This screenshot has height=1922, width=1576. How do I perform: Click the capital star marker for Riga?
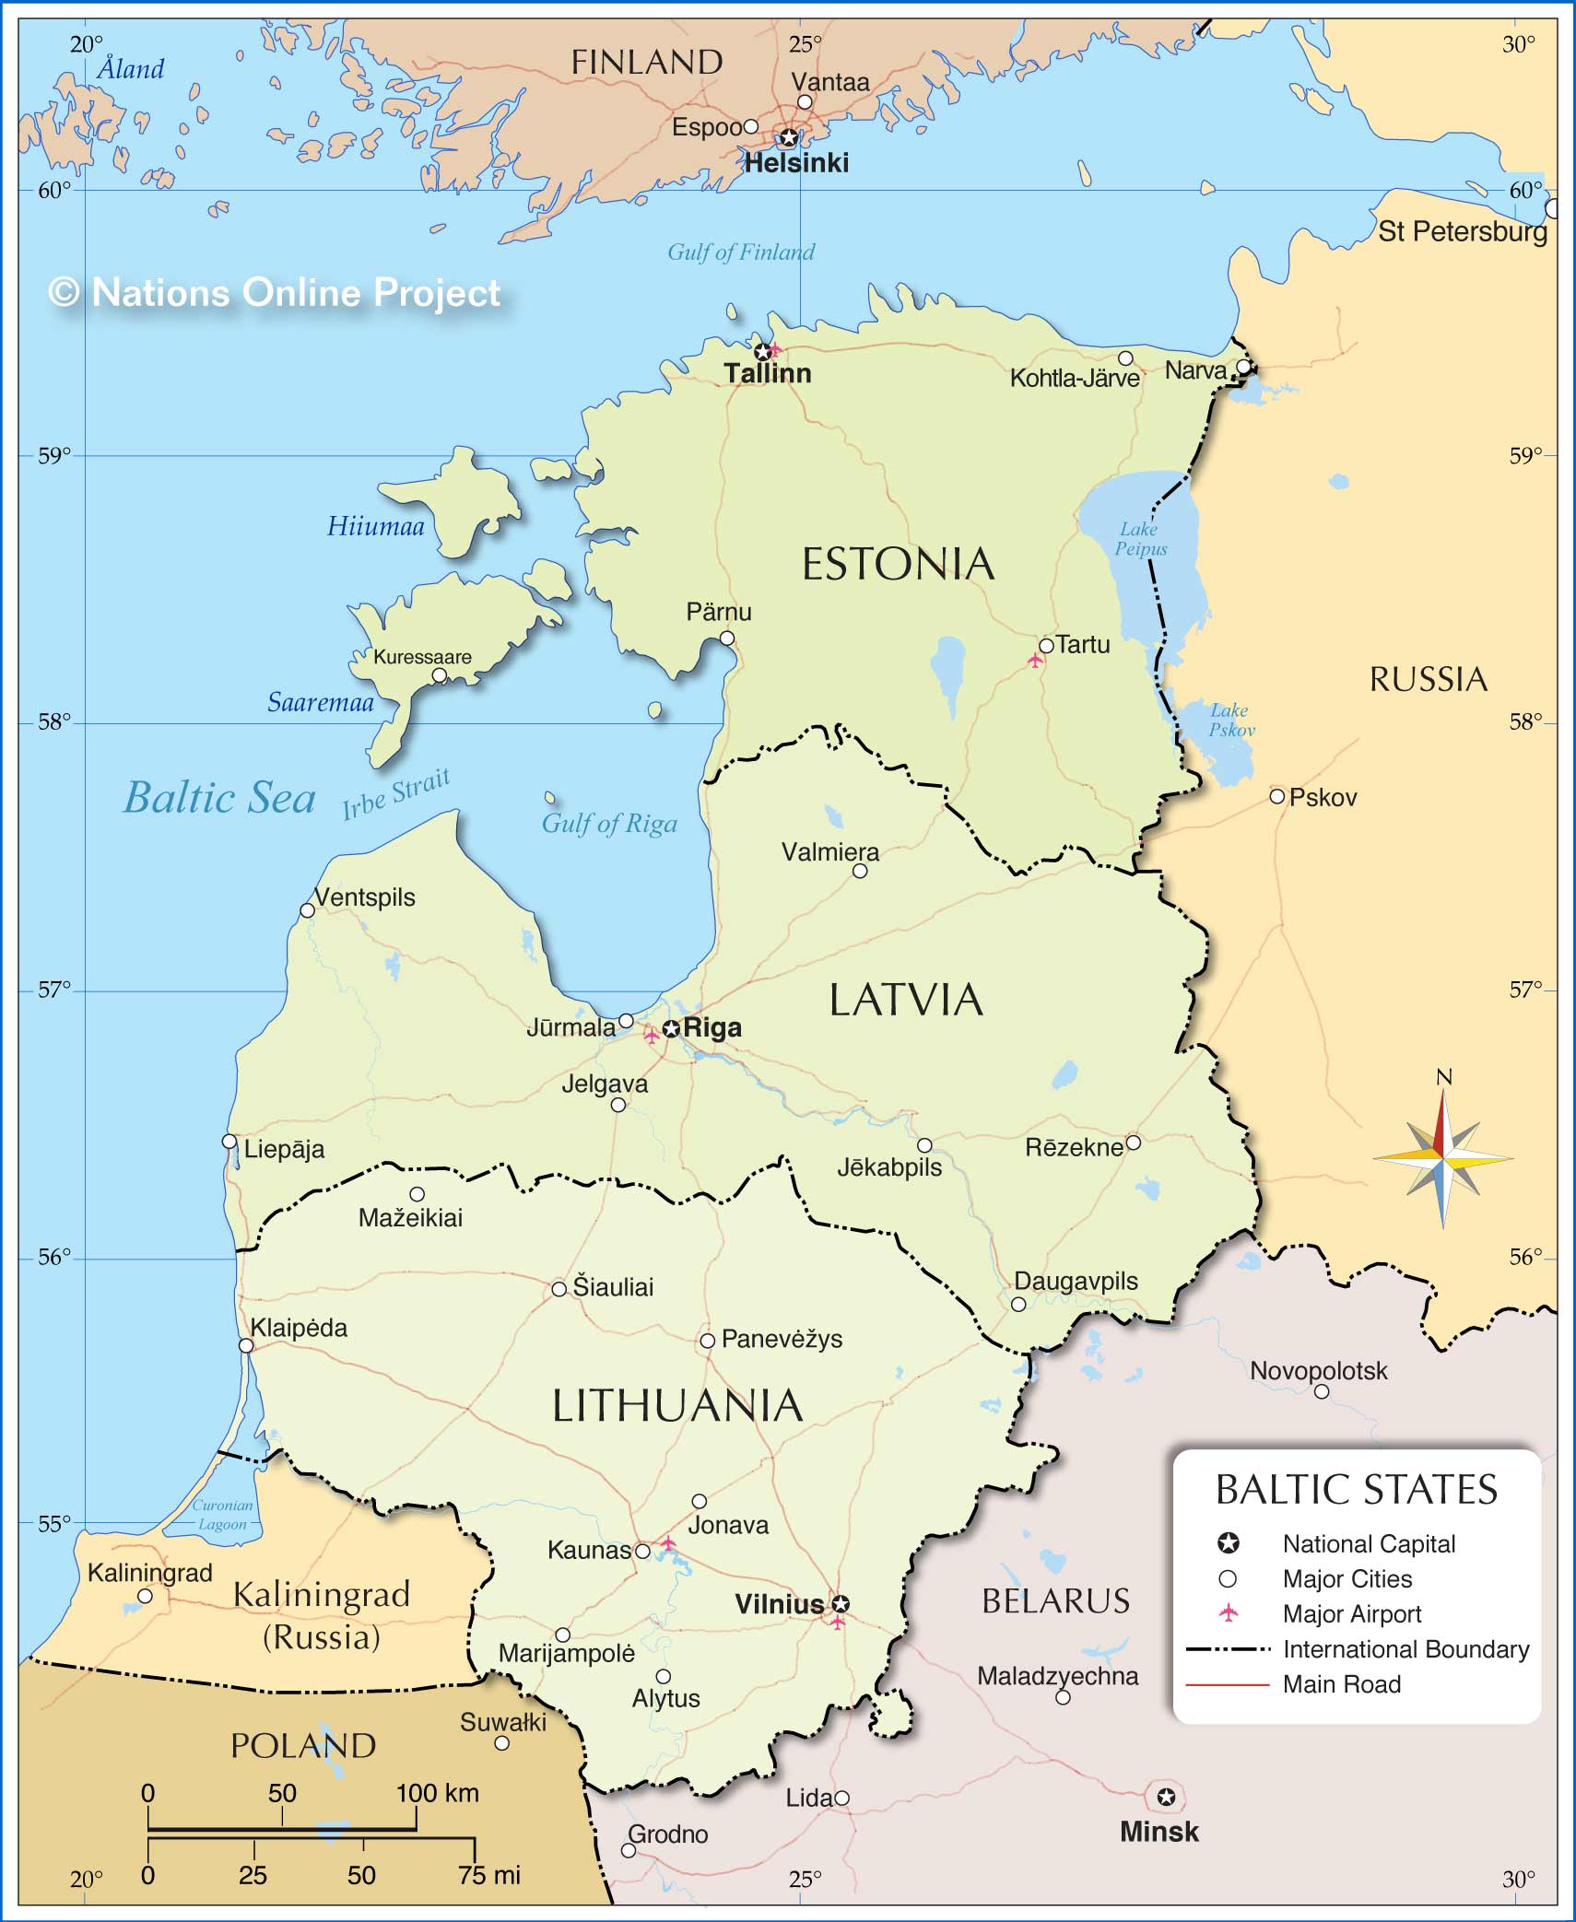tap(672, 1028)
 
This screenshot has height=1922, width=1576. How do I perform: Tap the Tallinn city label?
tap(767, 373)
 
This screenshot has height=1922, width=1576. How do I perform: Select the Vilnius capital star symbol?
tap(841, 1604)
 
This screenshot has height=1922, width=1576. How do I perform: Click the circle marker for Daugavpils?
tap(1018, 1305)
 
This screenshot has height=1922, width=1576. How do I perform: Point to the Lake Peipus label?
tap(1140, 539)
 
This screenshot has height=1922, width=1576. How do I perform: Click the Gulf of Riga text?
tap(609, 823)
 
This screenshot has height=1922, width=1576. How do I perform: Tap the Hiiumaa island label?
tap(376, 526)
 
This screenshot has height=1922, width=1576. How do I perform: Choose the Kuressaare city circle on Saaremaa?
tap(440, 675)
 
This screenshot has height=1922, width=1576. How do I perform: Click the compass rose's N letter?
tap(1444, 1077)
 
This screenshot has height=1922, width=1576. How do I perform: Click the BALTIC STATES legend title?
tap(1357, 1490)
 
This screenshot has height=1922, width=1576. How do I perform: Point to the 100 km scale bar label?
tap(438, 1793)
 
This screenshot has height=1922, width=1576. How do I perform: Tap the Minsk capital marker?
tap(1166, 1797)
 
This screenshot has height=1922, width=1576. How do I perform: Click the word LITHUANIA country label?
tap(677, 1406)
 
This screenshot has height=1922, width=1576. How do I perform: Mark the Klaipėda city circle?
tap(246, 1345)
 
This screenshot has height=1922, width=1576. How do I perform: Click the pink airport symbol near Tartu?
tap(1036, 660)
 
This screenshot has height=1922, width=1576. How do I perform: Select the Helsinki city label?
tap(796, 163)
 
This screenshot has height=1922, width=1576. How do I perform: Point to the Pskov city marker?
tap(1276, 796)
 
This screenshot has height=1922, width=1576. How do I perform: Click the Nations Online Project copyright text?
tap(275, 293)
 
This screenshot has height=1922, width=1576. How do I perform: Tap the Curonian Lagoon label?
tap(222, 1515)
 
